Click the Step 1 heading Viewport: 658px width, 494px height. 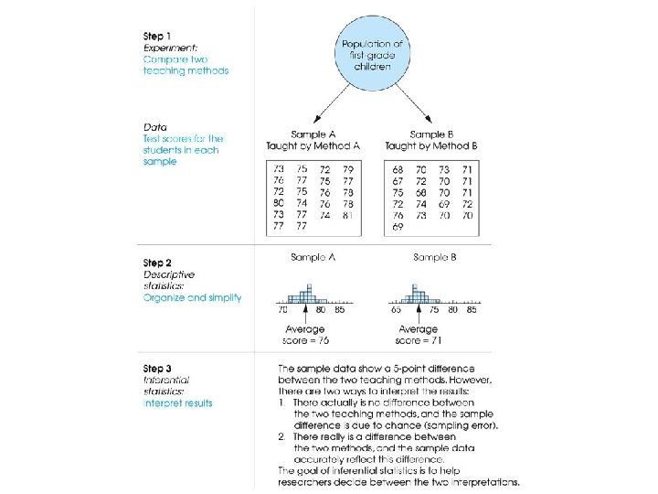(159, 34)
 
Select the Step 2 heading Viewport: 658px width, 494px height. (159, 263)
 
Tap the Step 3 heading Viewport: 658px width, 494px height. (159, 369)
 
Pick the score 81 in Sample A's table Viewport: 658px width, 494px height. (347, 215)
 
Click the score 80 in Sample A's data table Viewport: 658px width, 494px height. (279, 203)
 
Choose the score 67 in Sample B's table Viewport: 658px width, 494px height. (398, 181)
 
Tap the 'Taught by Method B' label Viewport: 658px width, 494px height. (430, 145)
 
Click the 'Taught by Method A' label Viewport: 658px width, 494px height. (313, 145)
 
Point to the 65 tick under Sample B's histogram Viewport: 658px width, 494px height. (396, 310)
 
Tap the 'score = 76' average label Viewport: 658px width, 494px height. (305, 340)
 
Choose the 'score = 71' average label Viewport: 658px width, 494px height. (419, 340)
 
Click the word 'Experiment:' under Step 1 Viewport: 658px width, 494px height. (171, 47)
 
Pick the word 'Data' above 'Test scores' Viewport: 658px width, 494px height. (154, 126)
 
